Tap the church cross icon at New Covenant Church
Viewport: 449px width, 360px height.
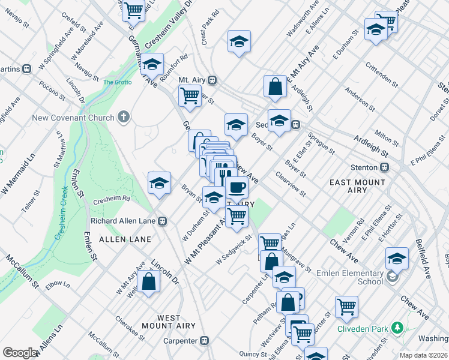124,117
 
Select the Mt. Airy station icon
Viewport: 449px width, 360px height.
212,80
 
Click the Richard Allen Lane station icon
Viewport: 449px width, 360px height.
162,221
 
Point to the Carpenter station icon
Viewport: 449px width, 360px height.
205,341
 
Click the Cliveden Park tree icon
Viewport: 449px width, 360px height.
396,328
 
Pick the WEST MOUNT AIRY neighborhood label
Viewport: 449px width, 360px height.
161,322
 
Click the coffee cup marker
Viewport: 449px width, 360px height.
237,188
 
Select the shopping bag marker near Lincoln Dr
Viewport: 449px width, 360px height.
148,281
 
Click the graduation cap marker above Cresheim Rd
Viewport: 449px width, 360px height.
159,182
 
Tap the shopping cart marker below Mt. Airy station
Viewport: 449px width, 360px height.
190,95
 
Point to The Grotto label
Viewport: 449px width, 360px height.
116,82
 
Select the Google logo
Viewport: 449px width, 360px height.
20,353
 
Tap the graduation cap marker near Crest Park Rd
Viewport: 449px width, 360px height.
238,41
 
